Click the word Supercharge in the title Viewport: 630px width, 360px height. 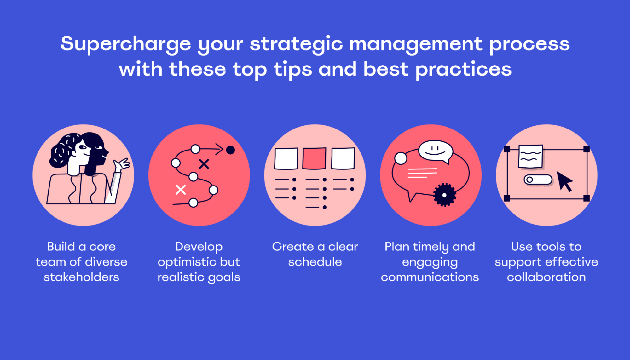[x=125, y=44]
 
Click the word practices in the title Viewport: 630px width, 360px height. [x=463, y=70]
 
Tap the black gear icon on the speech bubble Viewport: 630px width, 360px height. [x=444, y=195]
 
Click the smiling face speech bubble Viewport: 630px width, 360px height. [x=436, y=151]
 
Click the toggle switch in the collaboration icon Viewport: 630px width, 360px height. [x=538, y=180]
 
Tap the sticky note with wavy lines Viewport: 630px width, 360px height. [x=530, y=156]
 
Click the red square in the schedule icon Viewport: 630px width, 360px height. [x=314, y=158]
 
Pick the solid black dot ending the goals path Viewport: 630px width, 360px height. [x=230, y=150]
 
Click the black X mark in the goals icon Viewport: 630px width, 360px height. [x=204, y=164]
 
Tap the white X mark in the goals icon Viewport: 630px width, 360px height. [x=181, y=190]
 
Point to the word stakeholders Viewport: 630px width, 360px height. [x=81, y=277]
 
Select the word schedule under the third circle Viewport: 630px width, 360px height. [x=315, y=262]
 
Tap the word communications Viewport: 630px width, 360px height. [x=430, y=277]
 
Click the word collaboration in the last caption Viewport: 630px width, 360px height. [x=546, y=277]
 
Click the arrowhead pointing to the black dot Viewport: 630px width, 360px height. [x=219, y=149]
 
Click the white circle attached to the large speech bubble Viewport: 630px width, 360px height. [x=401, y=158]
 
